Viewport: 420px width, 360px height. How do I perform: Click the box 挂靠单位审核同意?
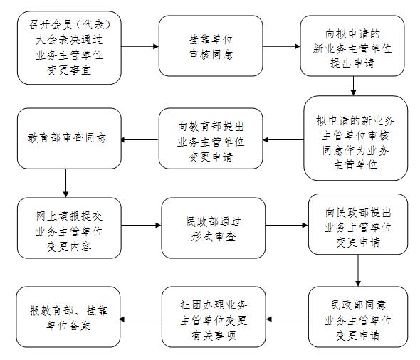(211, 46)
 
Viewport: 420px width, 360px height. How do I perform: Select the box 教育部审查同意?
(69, 138)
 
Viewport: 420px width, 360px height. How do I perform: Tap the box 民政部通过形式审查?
(214, 228)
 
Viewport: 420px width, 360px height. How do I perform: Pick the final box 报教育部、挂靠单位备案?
(68, 317)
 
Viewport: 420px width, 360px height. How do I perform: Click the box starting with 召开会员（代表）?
(69, 48)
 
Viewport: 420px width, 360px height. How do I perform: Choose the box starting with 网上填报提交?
(69, 228)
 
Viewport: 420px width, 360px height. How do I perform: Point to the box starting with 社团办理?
(214, 317)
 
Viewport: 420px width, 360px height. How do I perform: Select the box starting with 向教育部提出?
(211, 138)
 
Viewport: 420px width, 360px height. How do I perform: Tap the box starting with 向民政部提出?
(358, 224)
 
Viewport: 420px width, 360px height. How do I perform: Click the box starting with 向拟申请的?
(352, 46)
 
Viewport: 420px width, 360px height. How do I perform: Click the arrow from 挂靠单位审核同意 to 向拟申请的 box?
(281, 46)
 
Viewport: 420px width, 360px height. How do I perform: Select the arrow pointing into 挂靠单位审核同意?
(140, 46)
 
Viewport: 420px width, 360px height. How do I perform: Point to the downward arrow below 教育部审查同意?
(66, 184)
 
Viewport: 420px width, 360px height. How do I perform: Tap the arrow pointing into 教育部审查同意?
(140, 139)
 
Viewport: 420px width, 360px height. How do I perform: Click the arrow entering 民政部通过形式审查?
(141, 225)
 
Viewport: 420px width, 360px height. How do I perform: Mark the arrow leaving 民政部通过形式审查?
(287, 225)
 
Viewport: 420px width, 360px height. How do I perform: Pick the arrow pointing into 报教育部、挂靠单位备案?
(141, 319)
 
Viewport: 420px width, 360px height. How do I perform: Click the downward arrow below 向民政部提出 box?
(358, 270)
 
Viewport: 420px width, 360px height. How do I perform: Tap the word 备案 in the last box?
(80, 325)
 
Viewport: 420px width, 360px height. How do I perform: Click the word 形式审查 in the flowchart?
(214, 236)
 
